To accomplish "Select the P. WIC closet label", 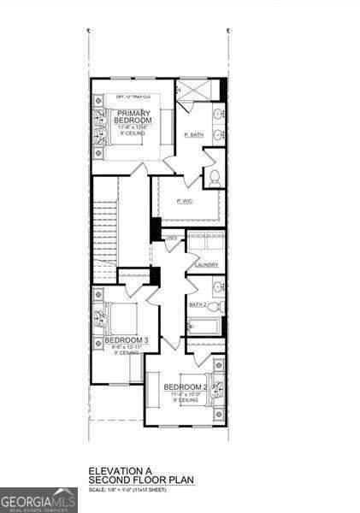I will click(x=184, y=201).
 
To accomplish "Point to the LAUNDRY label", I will click(x=206, y=265).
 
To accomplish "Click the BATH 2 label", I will click(x=198, y=304).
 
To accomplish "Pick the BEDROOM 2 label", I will click(x=186, y=387).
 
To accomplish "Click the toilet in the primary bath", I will click(x=214, y=178).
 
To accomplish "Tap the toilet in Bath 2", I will click(x=216, y=306).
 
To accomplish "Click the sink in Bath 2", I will click(x=218, y=287).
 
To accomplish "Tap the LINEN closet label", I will click(x=172, y=237).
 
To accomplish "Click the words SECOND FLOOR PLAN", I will click(x=144, y=480).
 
